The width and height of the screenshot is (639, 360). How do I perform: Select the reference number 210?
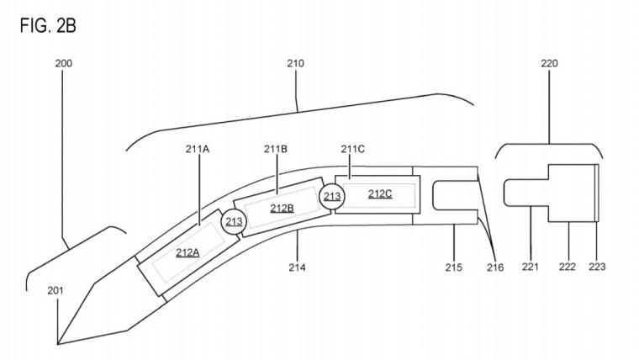point(295,64)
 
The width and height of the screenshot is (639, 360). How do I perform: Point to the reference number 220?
point(550,64)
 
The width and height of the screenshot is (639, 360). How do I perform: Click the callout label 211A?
point(197,149)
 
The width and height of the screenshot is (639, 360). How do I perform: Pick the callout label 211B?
point(275,149)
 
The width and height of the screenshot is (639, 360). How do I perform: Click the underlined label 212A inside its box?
point(188,251)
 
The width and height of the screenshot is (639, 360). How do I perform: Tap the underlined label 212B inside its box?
point(282,208)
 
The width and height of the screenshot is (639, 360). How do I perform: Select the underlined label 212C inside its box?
point(380,193)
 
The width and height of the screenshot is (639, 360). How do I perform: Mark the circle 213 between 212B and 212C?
point(331,197)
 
